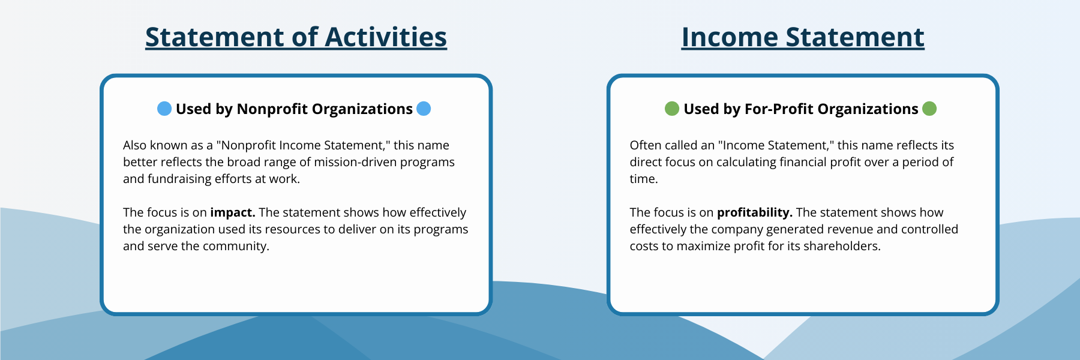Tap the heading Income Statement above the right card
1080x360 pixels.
[803, 37]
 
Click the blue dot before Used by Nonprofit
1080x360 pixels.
[164, 109]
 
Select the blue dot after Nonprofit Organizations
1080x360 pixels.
[424, 109]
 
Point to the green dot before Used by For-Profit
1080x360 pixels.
[672, 109]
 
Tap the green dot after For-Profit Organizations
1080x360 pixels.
[929, 109]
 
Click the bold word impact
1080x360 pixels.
[233, 212]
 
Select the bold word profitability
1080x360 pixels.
[755, 212]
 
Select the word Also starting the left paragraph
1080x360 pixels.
[134, 145]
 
